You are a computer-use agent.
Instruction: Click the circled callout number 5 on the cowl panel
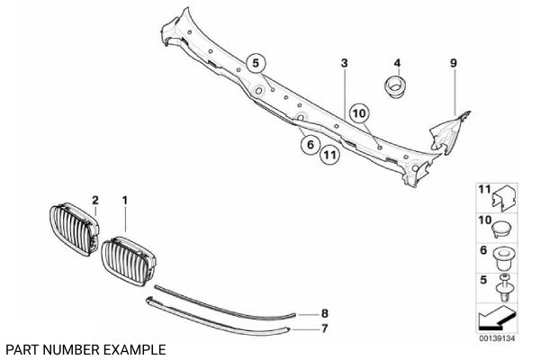[x=255, y=63]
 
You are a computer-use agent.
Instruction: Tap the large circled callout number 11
[x=330, y=155]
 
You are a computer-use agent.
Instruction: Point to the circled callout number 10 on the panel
[x=359, y=113]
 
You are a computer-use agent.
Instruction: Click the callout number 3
[x=344, y=63]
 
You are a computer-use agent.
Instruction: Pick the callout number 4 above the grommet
[x=396, y=63]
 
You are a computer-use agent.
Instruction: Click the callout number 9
[x=454, y=63]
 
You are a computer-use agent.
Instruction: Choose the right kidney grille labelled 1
[x=130, y=257]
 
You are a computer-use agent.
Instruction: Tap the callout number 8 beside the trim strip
[x=326, y=312]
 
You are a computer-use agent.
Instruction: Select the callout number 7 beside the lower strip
[x=326, y=329]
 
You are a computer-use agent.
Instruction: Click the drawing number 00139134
[x=496, y=337]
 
